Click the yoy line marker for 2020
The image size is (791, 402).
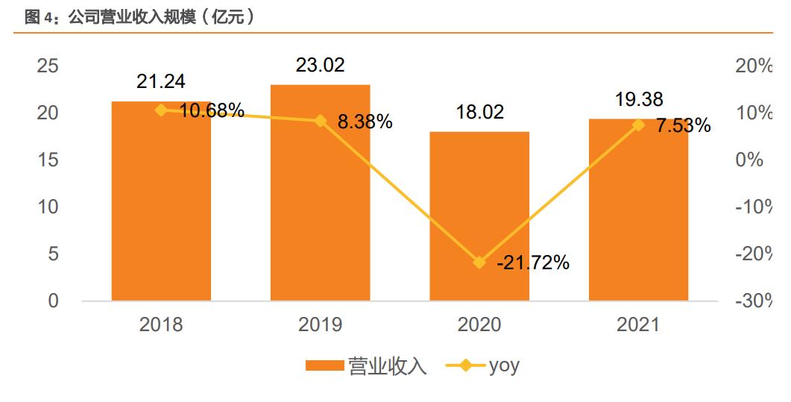[x=479, y=263]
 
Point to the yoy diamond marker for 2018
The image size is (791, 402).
[x=161, y=110]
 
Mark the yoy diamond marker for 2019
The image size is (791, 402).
[x=320, y=121]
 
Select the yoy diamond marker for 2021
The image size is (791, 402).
[x=638, y=125]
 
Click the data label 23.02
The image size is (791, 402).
[x=320, y=66]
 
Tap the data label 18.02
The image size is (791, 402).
[x=479, y=113]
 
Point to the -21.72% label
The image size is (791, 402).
[x=532, y=263]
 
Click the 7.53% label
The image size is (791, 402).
[x=683, y=126]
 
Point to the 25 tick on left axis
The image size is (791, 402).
[x=48, y=66]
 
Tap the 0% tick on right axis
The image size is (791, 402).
[x=749, y=160]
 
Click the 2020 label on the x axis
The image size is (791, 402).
[x=479, y=324]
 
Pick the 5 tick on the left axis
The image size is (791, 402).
[x=53, y=254]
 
